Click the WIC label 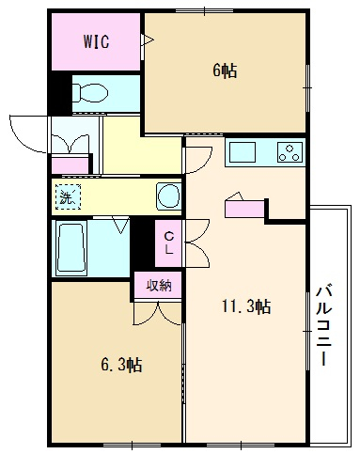click(x=96, y=41)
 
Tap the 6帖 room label click(x=225, y=70)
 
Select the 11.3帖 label click(x=246, y=306)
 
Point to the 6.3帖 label click(x=121, y=365)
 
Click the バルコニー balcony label click(x=323, y=325)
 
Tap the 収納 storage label click(x=159, y=285)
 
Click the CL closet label click(x=168, y=243)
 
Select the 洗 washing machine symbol click(x=68, y=196)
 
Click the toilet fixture click(x=90, y=93)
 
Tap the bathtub click(x=71, y=248)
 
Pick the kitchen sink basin click(x=243, y=151)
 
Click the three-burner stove click(x=290, y=152)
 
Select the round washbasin click(x=168, y=196)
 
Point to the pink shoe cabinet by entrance click(x=70, y=164)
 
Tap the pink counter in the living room click(x=244, y=210)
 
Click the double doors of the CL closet click(x=197, y=243)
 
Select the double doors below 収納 click(x=157, y=313)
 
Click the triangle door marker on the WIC click(x=148, y=40)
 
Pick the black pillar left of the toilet click(x=61, y=93)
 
